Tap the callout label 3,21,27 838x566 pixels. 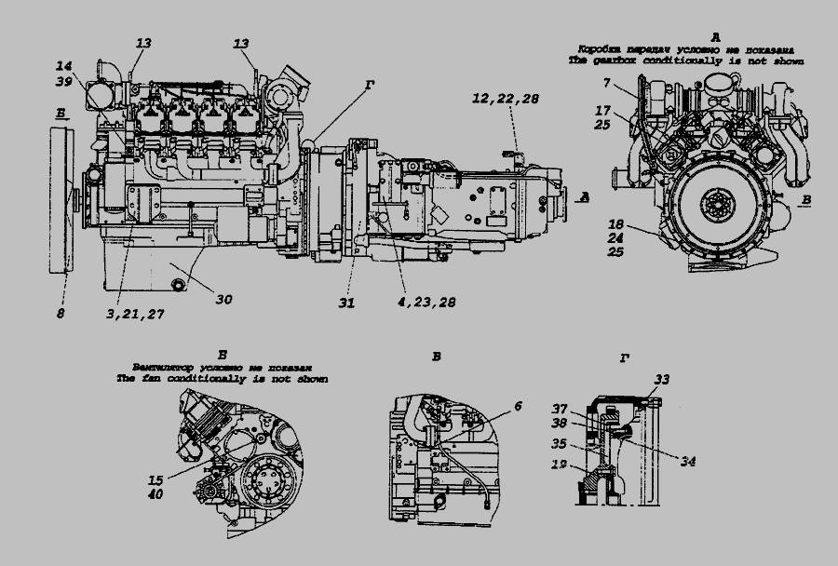135,315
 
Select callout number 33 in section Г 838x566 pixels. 661,380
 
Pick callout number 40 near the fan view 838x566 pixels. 155,493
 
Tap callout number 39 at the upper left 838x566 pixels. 63,82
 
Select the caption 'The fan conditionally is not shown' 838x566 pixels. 222,380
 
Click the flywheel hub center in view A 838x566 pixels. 721,206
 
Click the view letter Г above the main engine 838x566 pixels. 370,85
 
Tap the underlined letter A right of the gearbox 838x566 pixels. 584,196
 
